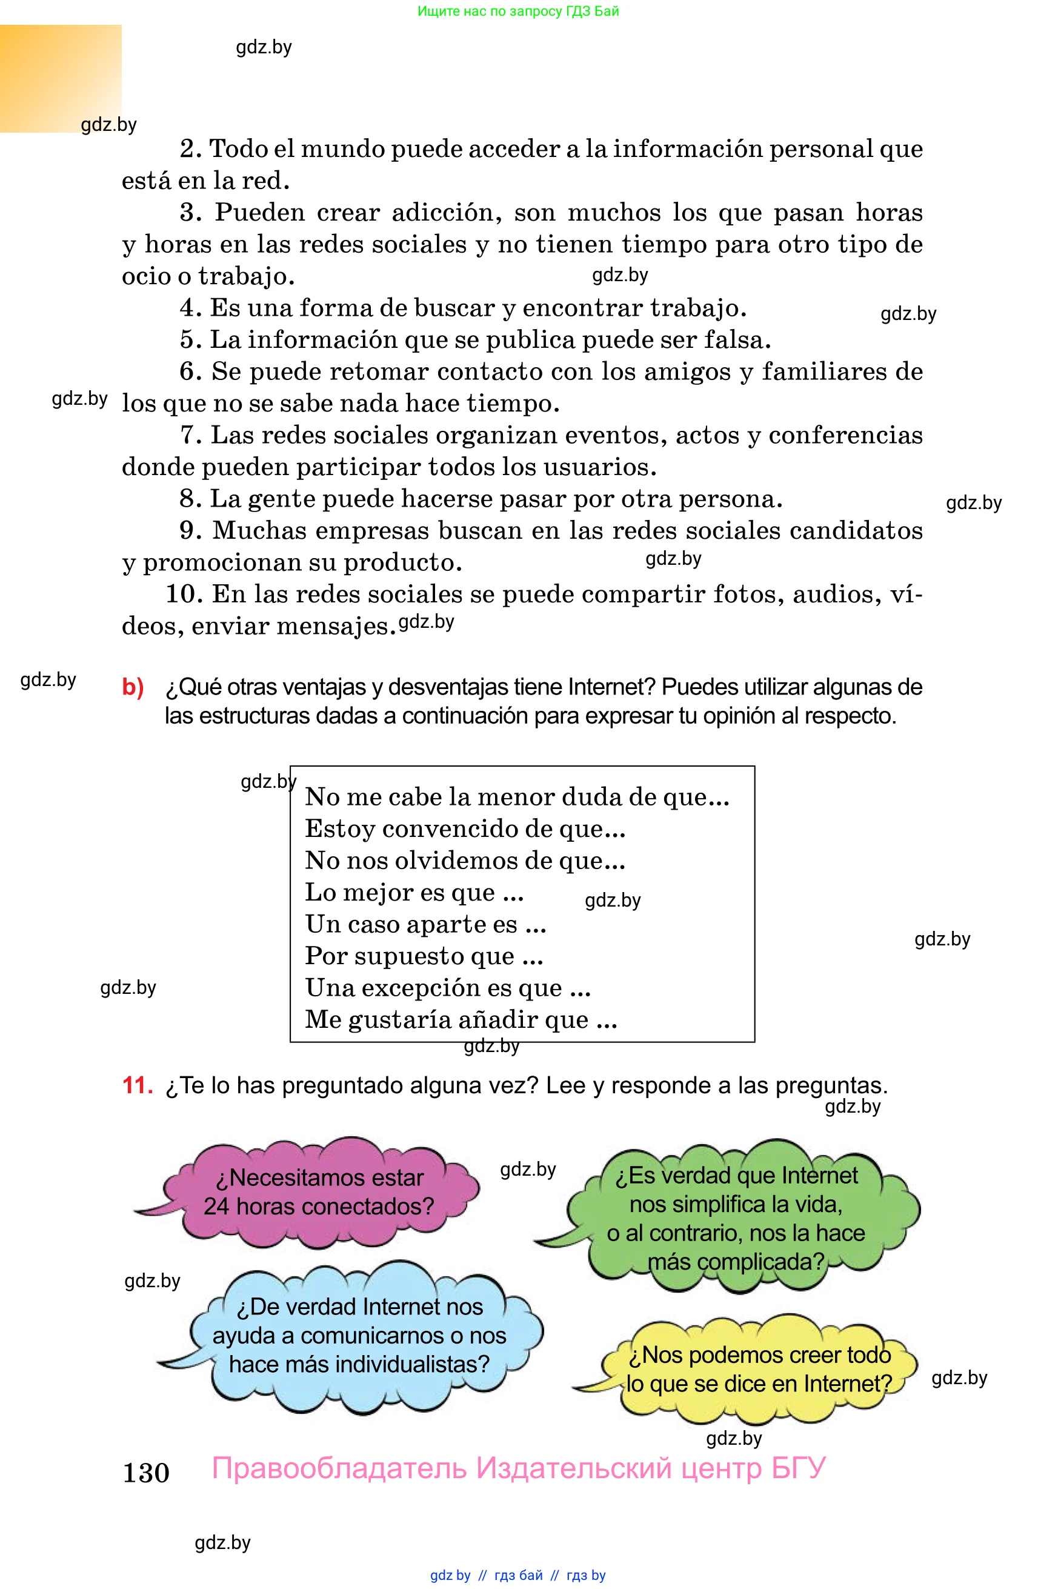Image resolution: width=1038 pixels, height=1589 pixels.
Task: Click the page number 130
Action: (145, 1472)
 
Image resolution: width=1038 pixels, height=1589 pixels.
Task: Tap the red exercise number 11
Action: (137, 1085)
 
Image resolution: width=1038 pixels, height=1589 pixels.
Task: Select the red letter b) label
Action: (133, 687)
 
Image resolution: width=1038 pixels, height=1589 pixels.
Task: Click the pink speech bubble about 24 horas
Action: (319, 1193)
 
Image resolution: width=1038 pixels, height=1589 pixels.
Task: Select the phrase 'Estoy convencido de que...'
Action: (465, 828)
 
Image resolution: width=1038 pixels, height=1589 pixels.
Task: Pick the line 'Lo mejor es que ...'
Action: (414, 892)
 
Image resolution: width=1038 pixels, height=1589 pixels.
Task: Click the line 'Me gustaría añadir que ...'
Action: (461, 1019)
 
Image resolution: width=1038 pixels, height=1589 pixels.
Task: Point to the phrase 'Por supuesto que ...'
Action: (424, 956)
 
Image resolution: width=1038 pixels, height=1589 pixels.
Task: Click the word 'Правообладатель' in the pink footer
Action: (339, 1468)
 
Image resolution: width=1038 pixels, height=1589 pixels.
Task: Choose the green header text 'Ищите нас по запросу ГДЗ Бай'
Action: (518, 11)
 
